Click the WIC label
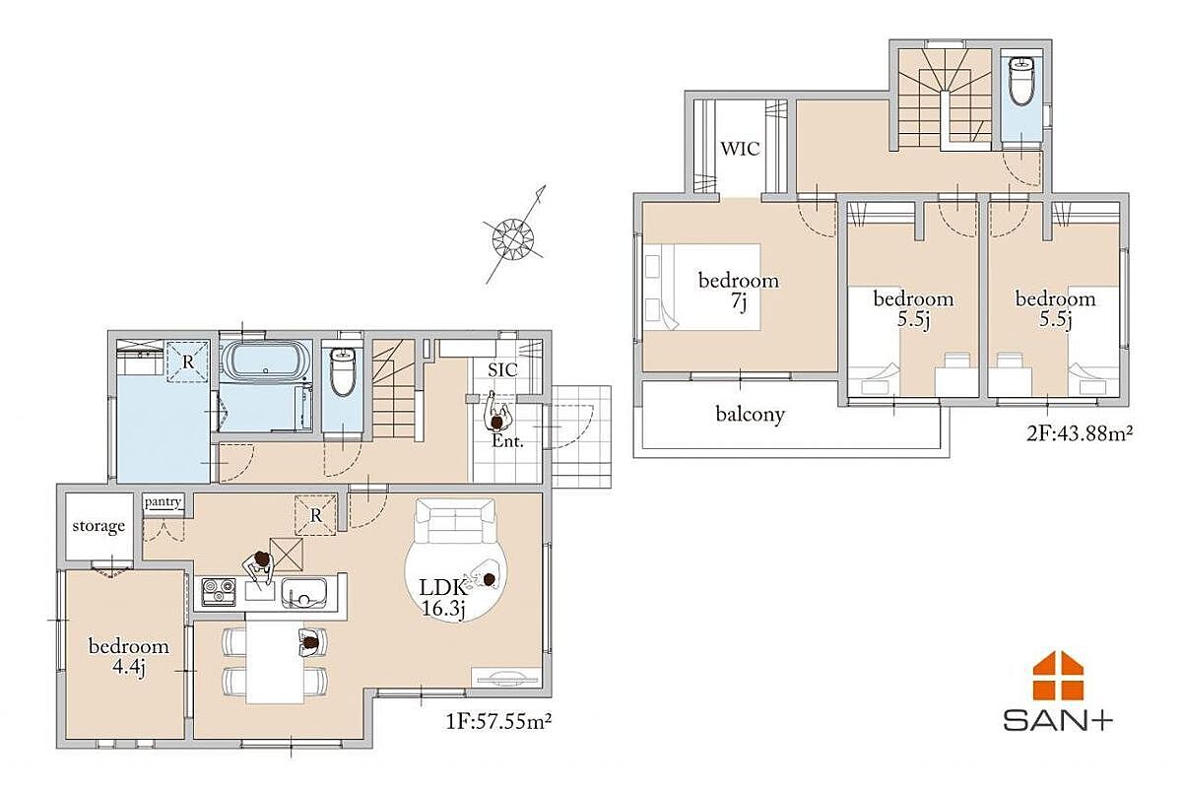(741, 149)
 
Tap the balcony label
(750, 415)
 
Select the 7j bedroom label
(738, 292)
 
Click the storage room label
(98, 526)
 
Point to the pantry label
(163, 502)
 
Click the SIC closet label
(502, 370)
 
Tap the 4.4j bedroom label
(129, 657)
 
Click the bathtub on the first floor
(265, 361)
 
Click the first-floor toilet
(343, 370)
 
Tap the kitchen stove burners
(219, 591)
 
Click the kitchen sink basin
(304, 593)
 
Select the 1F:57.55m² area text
(498, 721)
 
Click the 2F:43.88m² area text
(1080, 433)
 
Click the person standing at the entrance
(497, 414)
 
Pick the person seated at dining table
(312, 643)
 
